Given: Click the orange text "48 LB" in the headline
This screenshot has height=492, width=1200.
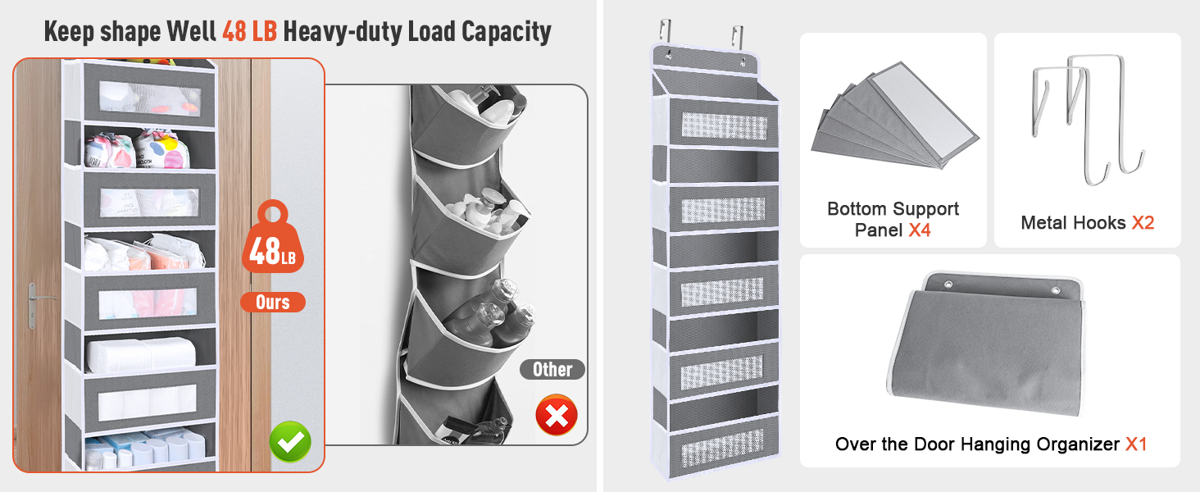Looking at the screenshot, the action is [x=250, y=32].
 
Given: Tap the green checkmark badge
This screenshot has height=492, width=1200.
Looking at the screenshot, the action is [x=290, y=442].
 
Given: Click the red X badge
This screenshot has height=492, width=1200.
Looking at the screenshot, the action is [x=557, y=415].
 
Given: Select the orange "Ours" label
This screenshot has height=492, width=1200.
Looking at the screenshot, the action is [x=273, y=303].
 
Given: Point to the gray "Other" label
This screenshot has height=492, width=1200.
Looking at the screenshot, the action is [x=552, y=369].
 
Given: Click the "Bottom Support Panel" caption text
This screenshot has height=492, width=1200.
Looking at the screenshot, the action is [x=893, y=219].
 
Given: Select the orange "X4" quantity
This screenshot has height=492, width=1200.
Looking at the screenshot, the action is [x=920, y=230].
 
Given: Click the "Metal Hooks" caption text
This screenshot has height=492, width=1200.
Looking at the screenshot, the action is [x=1073, y=222].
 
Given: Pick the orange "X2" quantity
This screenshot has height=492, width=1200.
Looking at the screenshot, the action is [x=1143, y=222].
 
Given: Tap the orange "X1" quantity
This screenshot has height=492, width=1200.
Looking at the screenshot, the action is [x=1136, y=444].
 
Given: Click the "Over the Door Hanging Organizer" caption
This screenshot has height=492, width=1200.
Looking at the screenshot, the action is [x=977, y=444].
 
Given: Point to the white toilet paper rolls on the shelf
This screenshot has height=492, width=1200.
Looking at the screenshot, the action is [x=141, y=355].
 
